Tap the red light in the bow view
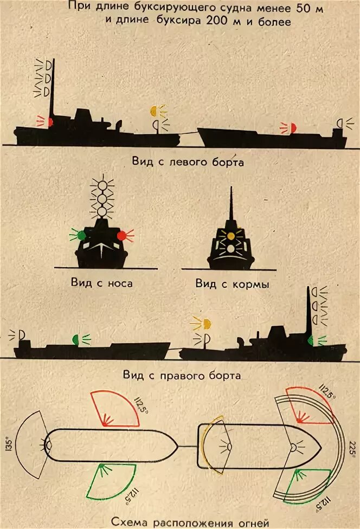click(x=123, y=235)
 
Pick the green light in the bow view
click(x=81, y=235)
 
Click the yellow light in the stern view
click(x=230, y=236)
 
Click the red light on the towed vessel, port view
click(x=293, y=127)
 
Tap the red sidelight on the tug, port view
click(x=49, y=122)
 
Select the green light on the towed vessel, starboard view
click(x=75, y=339)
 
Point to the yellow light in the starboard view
click(x=206, y=324)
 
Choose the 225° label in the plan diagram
click(x=353, y=448)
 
